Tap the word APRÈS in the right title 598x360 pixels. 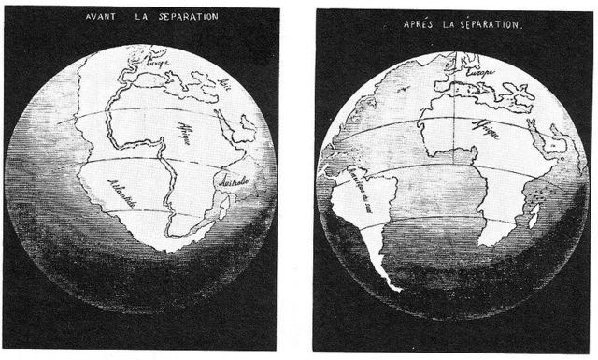[x=418, y=22]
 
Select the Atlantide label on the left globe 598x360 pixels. [x=123, y=193]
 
